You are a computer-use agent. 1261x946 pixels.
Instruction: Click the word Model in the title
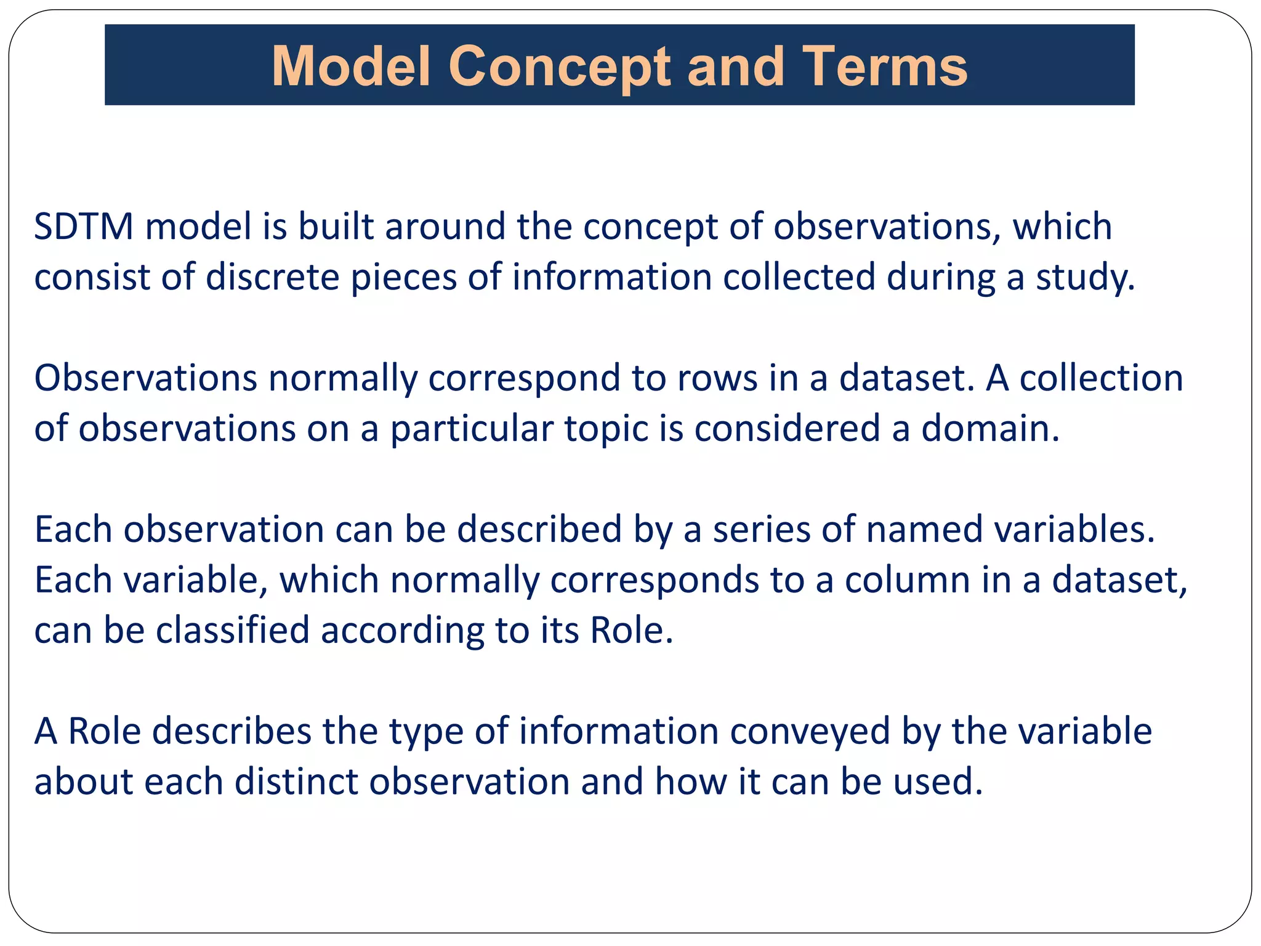350,66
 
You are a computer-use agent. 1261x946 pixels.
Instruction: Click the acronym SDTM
84,226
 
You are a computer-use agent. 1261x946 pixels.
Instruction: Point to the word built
336,226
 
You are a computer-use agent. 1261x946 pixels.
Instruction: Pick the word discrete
272,277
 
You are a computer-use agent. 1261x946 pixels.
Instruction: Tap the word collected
799,277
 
